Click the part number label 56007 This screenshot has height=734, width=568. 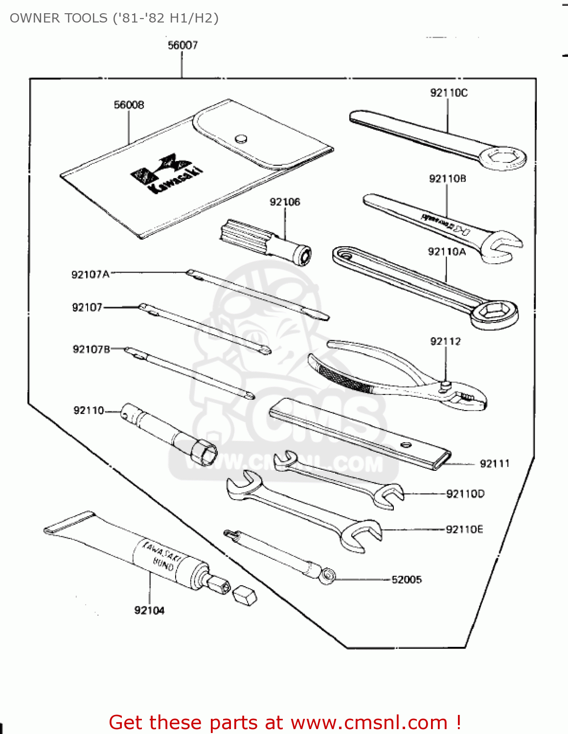coord(182,46)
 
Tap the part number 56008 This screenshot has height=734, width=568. coord(129,105)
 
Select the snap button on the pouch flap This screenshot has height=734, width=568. coord(241,139)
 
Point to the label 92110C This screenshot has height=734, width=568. coord(449,92)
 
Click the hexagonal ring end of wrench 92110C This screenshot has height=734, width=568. coord(502,159)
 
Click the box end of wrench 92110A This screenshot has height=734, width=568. coord(494,313)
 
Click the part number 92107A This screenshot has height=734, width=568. coord(91,275)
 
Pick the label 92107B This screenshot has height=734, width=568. coord(91,349)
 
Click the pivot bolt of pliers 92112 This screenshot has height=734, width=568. coord(445,386)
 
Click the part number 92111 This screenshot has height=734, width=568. coord(494,463)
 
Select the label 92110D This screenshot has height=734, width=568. coord(465,494)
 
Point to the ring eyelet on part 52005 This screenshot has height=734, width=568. coord(327,575)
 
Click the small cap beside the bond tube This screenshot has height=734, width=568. coord(245,595)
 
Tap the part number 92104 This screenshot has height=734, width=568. coord(149,610)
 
